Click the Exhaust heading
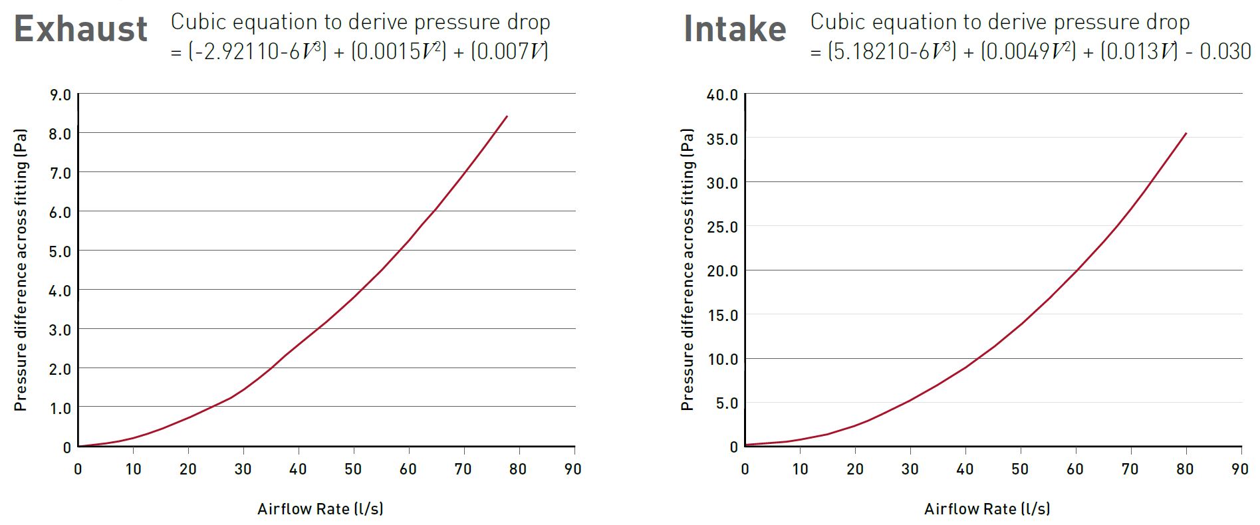pos(80,29)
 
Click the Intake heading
pos(735,29)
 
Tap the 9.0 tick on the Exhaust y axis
pos(60,95)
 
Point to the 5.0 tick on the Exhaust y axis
pos(60,252)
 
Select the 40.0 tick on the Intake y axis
pos(722,95)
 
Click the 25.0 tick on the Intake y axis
pos(722,227)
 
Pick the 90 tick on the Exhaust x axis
pos(572,469)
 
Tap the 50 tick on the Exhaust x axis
pos(353,469)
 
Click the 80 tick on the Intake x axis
pos(1185,469)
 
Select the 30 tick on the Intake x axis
pos(910,469)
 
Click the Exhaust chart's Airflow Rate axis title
pos(320,509)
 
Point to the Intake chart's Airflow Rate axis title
pos(987,509)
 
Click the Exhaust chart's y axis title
pos(21,270)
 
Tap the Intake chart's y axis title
pos(687,270)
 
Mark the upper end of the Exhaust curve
pos(507,116)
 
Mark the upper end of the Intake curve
pos(1186,134)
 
